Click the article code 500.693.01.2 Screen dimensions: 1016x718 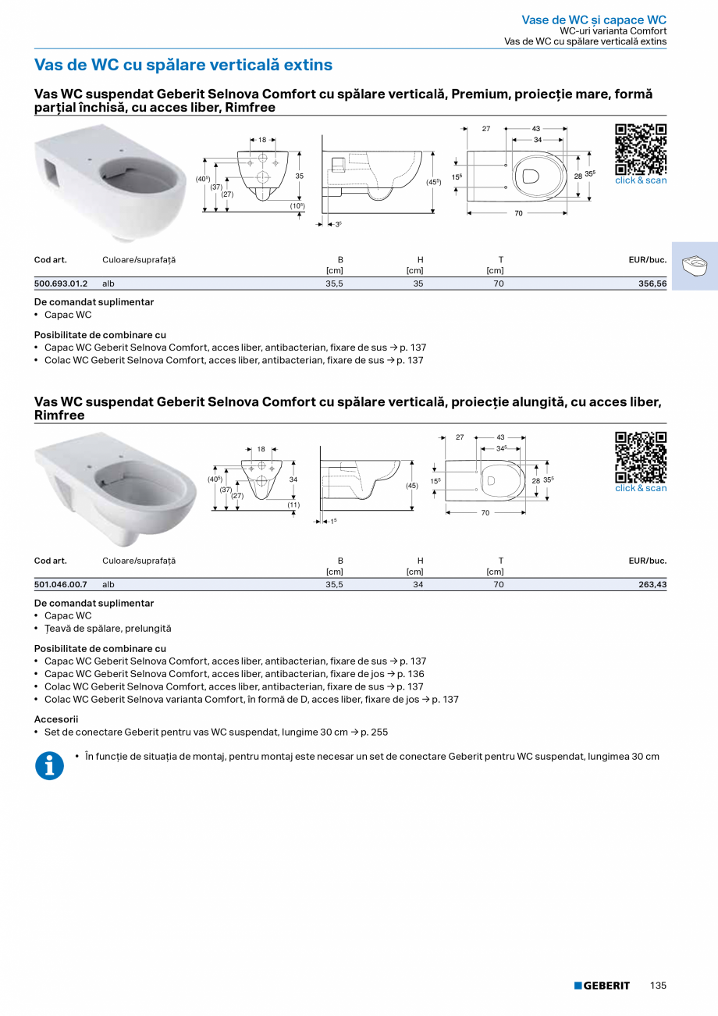[x=61, y=283]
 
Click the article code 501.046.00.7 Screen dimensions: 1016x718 [x=61, y=584]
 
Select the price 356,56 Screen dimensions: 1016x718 [x=652, y=283]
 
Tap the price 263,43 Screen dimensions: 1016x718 [x=652, y=584]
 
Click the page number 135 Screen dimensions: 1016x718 [x=658, y=986]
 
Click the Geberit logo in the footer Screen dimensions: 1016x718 [x=602, y=986]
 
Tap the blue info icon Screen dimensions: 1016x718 [x=49, y=765]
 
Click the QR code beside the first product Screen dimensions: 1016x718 [x=641, y=149]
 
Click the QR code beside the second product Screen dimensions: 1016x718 [x=641, y=457]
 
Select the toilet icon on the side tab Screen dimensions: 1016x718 [x=695, y=266]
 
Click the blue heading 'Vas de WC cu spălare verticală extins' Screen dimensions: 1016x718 [x=183, y=65]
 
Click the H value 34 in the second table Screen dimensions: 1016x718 [x=418, y=584]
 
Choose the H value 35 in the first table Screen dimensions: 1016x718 [x=418, y=283]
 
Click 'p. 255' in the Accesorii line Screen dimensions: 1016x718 [x=374, y=733]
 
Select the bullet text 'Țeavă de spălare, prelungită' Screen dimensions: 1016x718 [x=108, y=629]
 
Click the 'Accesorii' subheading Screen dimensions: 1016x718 [x=56, y=719]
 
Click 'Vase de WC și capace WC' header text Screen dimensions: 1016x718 [x=594, y=20]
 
